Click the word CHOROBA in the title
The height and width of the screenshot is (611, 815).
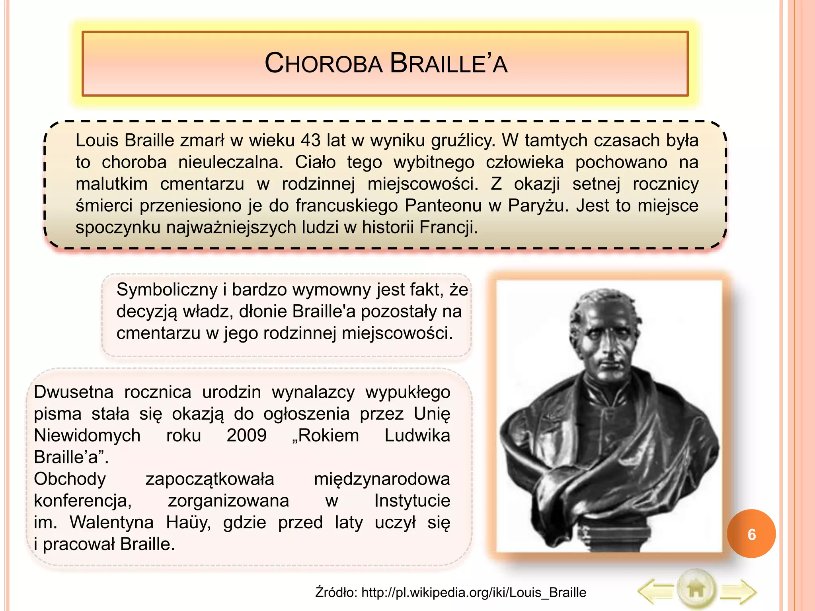[x=323, y=64]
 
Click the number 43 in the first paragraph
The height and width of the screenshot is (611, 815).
[x=310, y=140]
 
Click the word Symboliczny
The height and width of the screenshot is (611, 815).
[x=167, y=290]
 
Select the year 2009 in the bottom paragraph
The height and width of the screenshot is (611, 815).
[x=246, y=436]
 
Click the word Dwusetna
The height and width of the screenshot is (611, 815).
[x=74, y=392]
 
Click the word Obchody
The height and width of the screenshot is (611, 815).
[x=70, y=479]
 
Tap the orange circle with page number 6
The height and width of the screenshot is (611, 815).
[x=751, y=534]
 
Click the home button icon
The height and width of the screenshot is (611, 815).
[x=696, y=590]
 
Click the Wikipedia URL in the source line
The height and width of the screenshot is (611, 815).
[x=474, y=592]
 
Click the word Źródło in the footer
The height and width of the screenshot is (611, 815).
[x=336, y=592]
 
